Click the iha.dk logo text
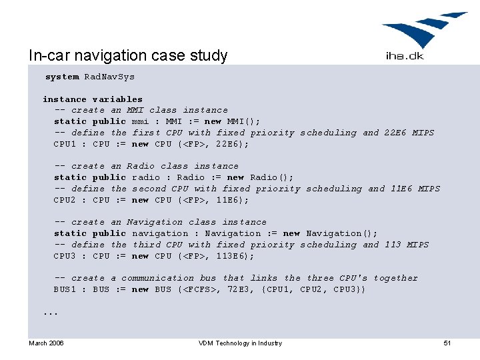404,56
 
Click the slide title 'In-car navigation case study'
128,55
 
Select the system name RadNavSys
109,77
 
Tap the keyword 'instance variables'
93,99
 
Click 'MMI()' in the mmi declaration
243,121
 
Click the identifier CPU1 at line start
65,144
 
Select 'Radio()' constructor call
271,177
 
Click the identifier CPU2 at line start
65,200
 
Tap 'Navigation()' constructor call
341,233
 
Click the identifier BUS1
65,289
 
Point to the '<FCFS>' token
198,289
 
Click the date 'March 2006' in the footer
46,343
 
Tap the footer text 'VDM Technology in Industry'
240,343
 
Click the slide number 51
447,343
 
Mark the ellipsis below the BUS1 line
51,312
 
